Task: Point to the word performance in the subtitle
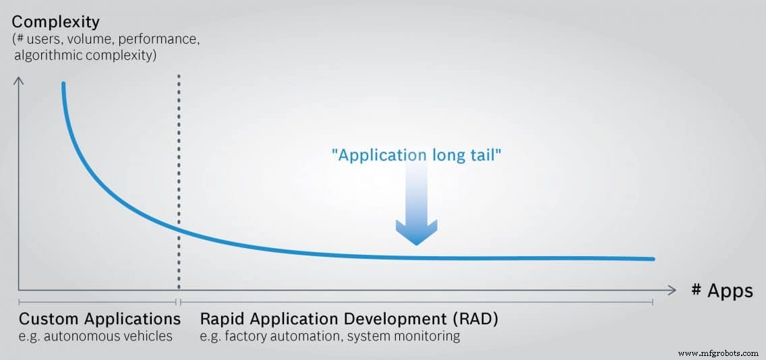(x=163, y=39)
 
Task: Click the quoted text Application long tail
(x=417, y=154)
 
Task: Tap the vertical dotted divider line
(x=179, y=182)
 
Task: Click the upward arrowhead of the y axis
(x=19, y=82)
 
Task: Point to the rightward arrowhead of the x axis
(x=671, y=290)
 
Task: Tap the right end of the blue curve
(x=653, y=259)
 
